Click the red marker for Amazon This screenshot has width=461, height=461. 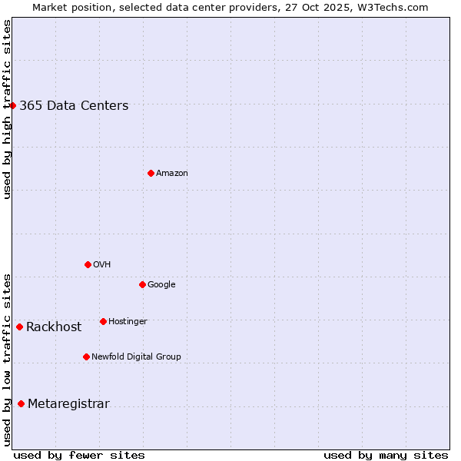(x=151, y=173)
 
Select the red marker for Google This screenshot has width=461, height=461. (x=142, y=284)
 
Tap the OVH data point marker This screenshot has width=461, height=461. (x=88, y=264)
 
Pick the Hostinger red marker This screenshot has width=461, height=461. (x=103, y=321)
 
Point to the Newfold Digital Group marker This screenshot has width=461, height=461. (x=86, y=357)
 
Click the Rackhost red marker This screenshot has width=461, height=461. (x=19, y=327)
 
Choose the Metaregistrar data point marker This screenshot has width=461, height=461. (x=21, y=404)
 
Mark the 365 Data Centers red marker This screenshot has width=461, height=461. (x=13, y=105)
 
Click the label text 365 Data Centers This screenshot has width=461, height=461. (x=74, y=106)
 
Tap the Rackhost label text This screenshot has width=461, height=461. (x=54, y=327)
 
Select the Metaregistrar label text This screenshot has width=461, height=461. (x=68, y=404)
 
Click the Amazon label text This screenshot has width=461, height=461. (x=172, y=174)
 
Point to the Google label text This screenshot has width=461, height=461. (x=161, y=285)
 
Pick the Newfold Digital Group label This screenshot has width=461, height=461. (x=136, y=357)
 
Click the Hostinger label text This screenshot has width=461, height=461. (x=128, y=321)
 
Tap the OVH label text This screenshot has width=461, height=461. (x=102, y=265)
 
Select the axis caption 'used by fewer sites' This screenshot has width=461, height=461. (x=79, y=455)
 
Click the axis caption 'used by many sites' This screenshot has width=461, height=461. (x=386, y=455)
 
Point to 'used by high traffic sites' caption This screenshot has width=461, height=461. (x=7, y=109)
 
